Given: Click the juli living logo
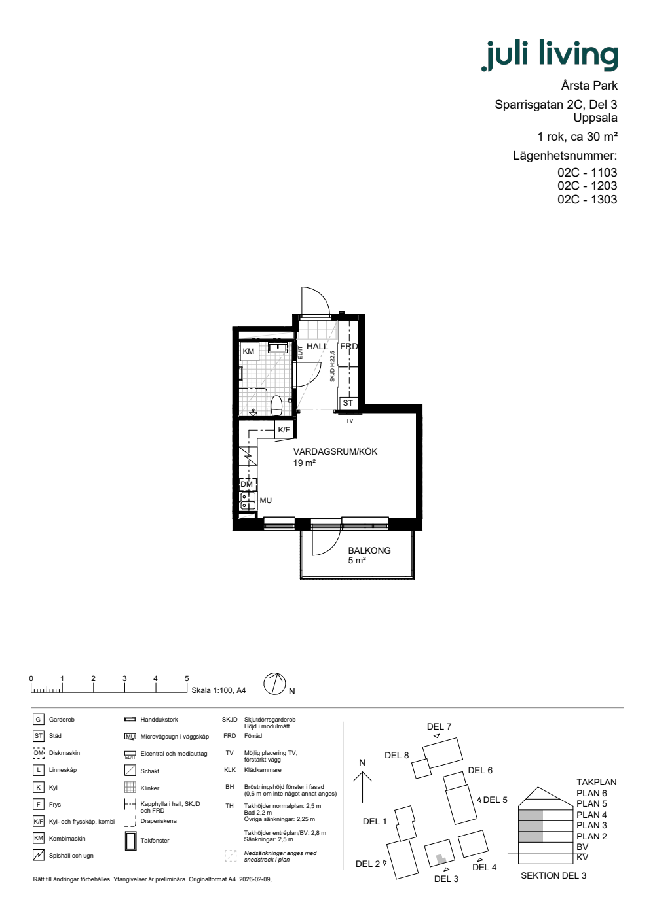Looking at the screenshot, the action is [550, 55].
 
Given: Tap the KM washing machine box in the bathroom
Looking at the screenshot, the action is [249, 351].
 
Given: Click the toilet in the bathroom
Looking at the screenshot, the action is [276, 405].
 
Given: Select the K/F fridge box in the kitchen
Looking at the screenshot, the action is [284, 430].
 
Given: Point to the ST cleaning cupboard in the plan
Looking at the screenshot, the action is [348, 403].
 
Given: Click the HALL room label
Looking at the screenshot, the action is [317, 346].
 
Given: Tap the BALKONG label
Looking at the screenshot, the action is [369, 550].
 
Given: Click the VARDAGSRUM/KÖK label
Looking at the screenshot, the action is [335, 451].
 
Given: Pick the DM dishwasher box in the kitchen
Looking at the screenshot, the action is [248, 484].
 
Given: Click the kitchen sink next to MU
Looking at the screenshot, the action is [248, 501].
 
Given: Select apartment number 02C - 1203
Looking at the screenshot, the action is [587, 186].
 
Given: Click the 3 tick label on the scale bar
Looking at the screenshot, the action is [124, 678].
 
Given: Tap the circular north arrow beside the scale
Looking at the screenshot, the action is [274, 684].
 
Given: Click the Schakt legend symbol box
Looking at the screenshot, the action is [130, 771].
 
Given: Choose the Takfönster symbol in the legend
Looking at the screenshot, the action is [130, 841].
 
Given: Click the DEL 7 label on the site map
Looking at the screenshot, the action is [439, 726].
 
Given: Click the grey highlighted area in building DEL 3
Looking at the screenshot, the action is [440, 858].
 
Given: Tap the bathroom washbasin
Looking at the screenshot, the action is [278, 348].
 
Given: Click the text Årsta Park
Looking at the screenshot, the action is [589, 86].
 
